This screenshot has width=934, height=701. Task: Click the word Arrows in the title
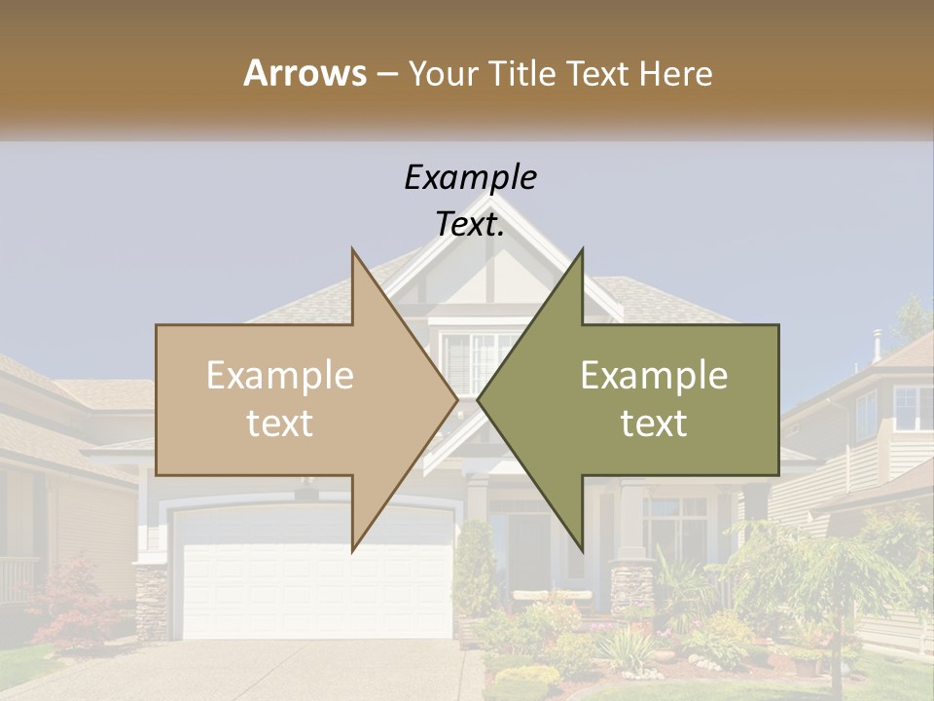click(304, 73)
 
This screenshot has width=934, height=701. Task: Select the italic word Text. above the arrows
click(470, 224)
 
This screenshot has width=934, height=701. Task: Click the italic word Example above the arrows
click(470, 177)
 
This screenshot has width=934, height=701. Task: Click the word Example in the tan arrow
click(280, 376)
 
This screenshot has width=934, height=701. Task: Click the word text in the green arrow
click(654, 423)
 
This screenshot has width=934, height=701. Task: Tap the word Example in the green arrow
click(654, 376)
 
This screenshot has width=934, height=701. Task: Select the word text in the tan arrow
click(280, 423)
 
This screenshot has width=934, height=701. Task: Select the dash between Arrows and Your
click(385, 73)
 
